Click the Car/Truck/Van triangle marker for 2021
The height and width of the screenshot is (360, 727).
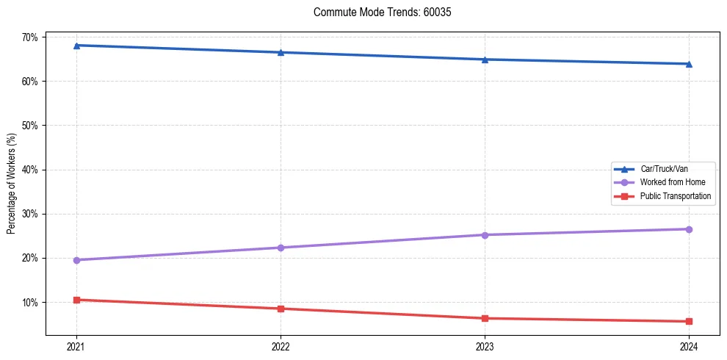coord(76,46)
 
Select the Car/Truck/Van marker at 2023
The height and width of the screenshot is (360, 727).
coord(485,60)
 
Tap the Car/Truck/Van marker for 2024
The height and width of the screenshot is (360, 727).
coord(689,64)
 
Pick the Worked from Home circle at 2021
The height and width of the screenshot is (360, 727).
coord(76,260)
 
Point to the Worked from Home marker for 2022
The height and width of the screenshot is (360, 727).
coord(281,248)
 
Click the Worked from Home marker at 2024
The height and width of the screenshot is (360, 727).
coord(689,229)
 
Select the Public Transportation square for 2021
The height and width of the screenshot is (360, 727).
coord(76,300)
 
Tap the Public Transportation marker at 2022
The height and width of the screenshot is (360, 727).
coord(281,309)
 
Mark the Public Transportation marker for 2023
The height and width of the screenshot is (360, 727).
coord(485,318)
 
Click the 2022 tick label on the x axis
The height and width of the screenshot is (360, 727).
coord(281,346)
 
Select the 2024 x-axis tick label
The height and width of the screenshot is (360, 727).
coord(689,346)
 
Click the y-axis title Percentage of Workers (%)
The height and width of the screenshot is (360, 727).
coord(11,184)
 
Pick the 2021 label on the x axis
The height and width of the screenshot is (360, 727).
coord(76,346)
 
